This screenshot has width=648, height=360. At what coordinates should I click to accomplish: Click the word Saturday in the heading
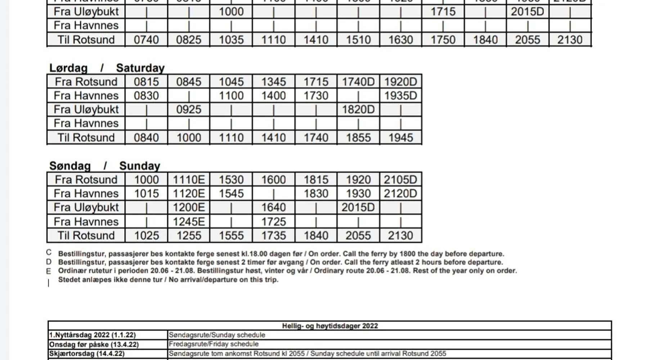click(x=140, y=68)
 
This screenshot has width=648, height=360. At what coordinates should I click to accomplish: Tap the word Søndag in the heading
click(x=70, y=166)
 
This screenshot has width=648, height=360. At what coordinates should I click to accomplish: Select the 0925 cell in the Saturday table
click(x=189, y=109)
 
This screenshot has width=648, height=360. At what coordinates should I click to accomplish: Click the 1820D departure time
click(x=358, y=109)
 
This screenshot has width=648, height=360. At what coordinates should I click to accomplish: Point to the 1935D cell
click(x=400, y=96)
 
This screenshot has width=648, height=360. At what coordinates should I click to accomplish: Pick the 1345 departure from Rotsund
click(x=274, y=82)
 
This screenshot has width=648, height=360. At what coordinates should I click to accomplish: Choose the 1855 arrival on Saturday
click(x=358, y=138)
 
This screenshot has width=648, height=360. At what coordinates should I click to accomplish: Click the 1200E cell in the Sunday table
click(x=189, y=207)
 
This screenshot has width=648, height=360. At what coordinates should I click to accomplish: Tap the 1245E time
click(x=189, y=221)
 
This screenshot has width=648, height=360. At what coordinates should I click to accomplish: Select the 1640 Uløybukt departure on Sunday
click(x=274, y=207)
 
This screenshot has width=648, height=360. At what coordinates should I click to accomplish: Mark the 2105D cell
click(x=400, y=180)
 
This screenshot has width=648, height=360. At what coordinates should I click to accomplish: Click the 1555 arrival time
click(x=231, y=235)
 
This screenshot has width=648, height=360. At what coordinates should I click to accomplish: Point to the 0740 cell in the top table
click(x=146, y=40)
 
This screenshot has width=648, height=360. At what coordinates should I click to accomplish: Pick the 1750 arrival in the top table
click(x=443, y=40)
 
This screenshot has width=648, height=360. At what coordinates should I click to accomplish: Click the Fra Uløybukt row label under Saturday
click(x=86, y=109)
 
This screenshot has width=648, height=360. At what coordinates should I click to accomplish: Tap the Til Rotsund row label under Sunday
click(x=86, y=235)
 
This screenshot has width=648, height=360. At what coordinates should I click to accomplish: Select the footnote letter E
click(x=49, y=271)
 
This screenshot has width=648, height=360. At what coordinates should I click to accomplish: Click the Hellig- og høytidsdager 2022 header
click(x=330, y=326)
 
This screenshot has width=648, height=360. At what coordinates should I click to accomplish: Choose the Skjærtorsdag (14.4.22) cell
click(x=87, y=354)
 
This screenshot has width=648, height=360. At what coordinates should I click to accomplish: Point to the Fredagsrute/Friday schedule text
click(x=213, y=344)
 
